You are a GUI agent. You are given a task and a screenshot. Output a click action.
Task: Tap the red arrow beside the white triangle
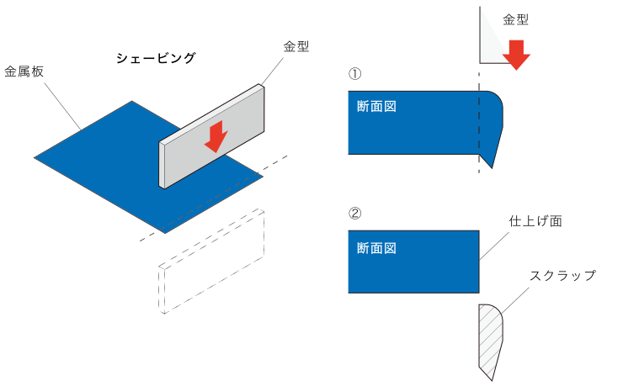click(x=516, y=54)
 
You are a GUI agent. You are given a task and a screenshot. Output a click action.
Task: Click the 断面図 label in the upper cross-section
click(x=376, y=107)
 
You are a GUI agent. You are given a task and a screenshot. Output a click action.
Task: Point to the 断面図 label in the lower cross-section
click(x=376, y=248)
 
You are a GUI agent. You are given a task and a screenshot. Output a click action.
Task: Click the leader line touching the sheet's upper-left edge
click(x=62, y=106)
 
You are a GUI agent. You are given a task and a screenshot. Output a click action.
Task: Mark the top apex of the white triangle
click(x=482, y=9)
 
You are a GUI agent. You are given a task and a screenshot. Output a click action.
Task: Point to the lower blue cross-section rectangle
click(x=413, y=269)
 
